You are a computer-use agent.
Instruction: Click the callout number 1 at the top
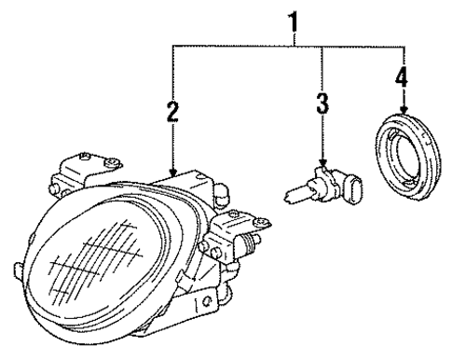pos(296,17)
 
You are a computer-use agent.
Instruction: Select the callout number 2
pos(171,114)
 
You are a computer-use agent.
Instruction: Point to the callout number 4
pos(402,77)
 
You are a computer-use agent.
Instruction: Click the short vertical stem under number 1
pos(297,38)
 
